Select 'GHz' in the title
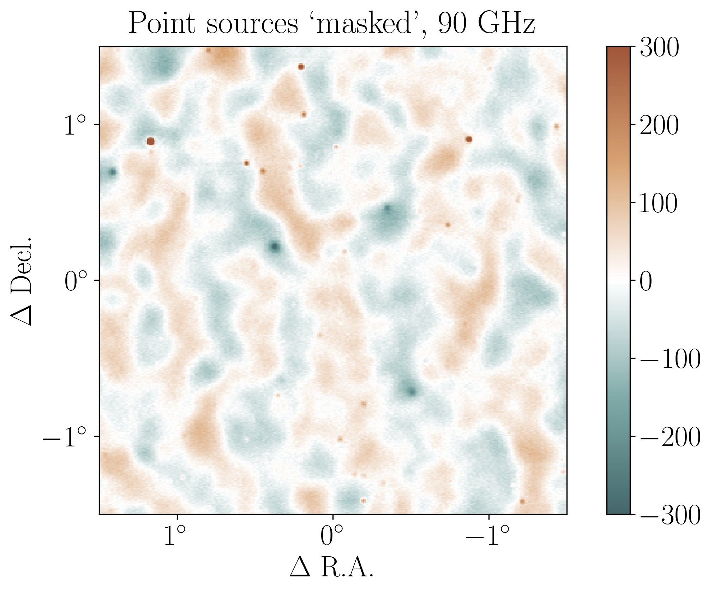[x=506, y=24]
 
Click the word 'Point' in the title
[x=162, y=24]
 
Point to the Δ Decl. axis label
[x=22, y=280]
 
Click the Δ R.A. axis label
[x=331, y=567]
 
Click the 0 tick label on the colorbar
[x=646, y=281]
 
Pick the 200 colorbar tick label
[x=659, y=125]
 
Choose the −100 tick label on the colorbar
[x=670, y=360]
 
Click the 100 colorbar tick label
[x=659, y=203]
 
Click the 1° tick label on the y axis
[x=75, y=126]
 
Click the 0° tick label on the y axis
[x=75, y=281]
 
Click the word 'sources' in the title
[x=252, y=24]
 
